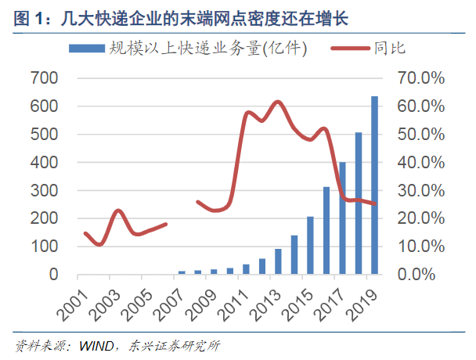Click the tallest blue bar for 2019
click(x=374, y=185)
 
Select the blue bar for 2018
click(x=359, y=203)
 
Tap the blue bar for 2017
click(x=342, y=218)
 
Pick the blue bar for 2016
click(x=326, y=231)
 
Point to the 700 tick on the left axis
click(x=44, y=78)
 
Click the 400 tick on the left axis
click(x=44, y=163)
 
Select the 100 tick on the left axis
click(x=44, y=247)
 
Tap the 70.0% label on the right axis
click(x=421, y=78)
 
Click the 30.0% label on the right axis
click(x=421, y=191)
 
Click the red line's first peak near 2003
click(x=118, y=211)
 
